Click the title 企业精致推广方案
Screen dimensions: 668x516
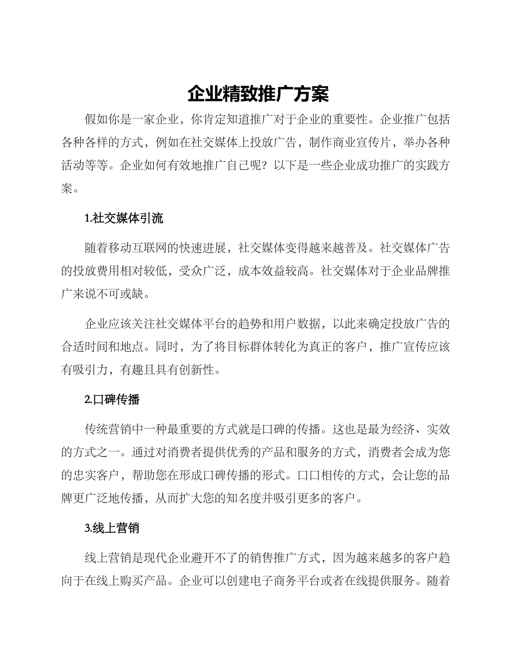pyautogui.click(x=258, y=94)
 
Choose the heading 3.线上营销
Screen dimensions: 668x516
pyautogui.click(x=112, y=527)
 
